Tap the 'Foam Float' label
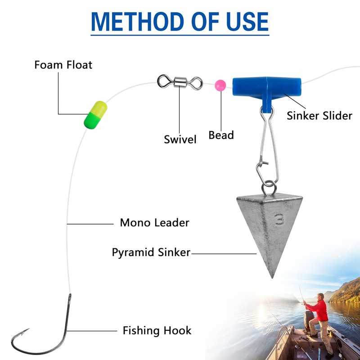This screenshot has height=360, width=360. (x=63, y=65)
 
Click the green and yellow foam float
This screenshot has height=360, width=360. (x=95, y=114)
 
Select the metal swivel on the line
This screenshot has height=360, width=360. (x=180, y=82)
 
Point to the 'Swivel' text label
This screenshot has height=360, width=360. (x=180, y=139)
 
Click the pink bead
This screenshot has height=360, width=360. (x=220, y=85)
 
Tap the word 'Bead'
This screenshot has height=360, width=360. (x=221, y=135)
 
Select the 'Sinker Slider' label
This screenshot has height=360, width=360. (x=319, y=116)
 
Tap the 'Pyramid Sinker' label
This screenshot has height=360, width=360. (x=151, y=252)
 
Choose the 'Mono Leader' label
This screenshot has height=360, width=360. (x=154, y=222)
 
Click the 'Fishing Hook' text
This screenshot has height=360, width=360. (x=157, y=331)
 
